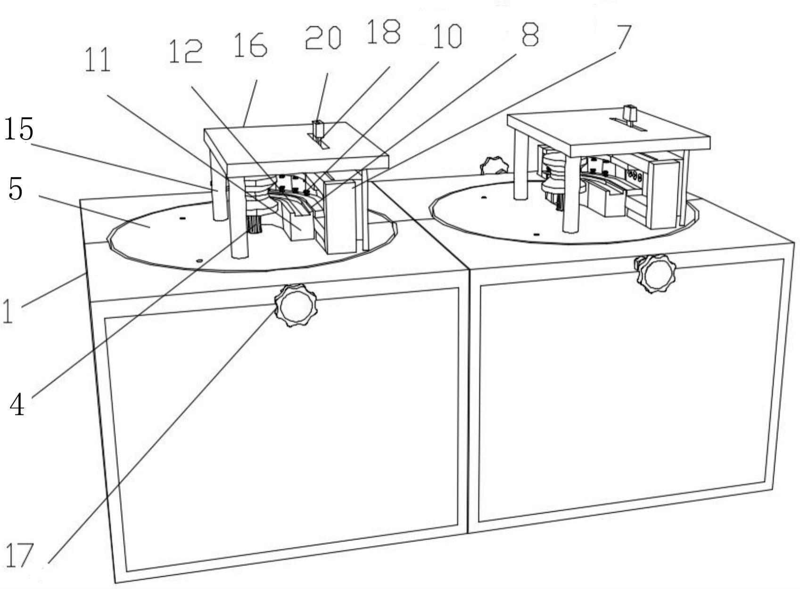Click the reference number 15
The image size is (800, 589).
coord(19,130)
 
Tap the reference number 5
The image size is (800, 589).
coord(15,189)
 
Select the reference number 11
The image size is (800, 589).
coord(98,60)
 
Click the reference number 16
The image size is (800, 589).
coord(250,46)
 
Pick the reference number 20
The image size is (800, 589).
coord(323,38)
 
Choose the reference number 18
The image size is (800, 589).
coord(383,32)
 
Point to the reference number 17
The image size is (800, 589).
coord(19,556)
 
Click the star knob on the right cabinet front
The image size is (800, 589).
coord(656,274)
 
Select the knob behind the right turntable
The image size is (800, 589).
coord(493,166)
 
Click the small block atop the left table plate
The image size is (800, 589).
coord(319,129)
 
